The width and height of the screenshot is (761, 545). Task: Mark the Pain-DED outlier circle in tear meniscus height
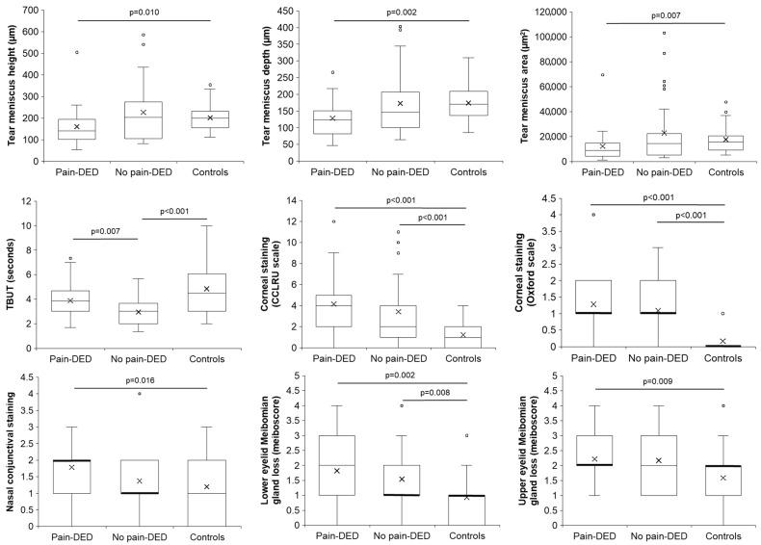tap(76, 52)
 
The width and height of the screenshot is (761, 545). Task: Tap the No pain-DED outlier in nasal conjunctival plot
tap(142, 393)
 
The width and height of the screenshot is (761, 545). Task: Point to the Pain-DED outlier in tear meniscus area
tap(590, 74)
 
